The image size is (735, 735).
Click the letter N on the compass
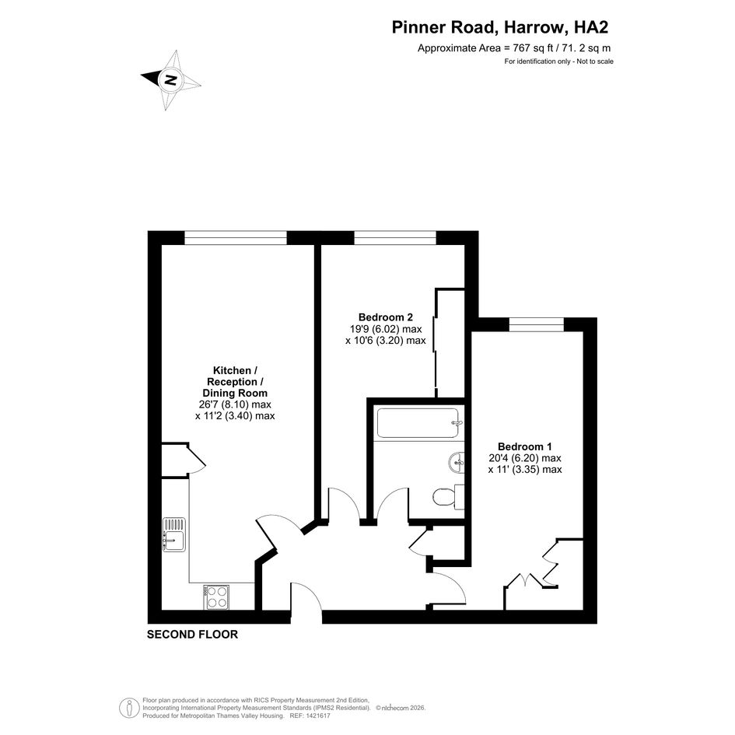click(x=170, y=79)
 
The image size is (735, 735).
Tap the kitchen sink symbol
click(x=174, y=534)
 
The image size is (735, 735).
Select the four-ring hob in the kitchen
click(x=216, y=597)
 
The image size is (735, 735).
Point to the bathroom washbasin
click(x=456, y=463)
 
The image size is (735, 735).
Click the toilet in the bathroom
click(x=448, y=497)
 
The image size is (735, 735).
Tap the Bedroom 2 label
click(x=385, y=317)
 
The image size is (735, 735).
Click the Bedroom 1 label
click(x=524, y=446)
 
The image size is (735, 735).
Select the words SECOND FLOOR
click(x=192, y=634)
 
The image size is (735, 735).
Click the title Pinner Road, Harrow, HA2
click(x=499, y=27)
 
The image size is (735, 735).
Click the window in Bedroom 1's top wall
click(x=536, y=324)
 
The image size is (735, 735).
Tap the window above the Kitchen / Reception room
click(x=236, y=238)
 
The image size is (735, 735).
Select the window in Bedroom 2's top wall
click(x=395, y=238)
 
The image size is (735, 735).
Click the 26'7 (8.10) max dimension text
click(x=235, y=404)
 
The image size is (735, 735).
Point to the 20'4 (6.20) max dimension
click(x=524, y=458)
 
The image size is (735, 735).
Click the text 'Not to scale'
click(x=595, y=61)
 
